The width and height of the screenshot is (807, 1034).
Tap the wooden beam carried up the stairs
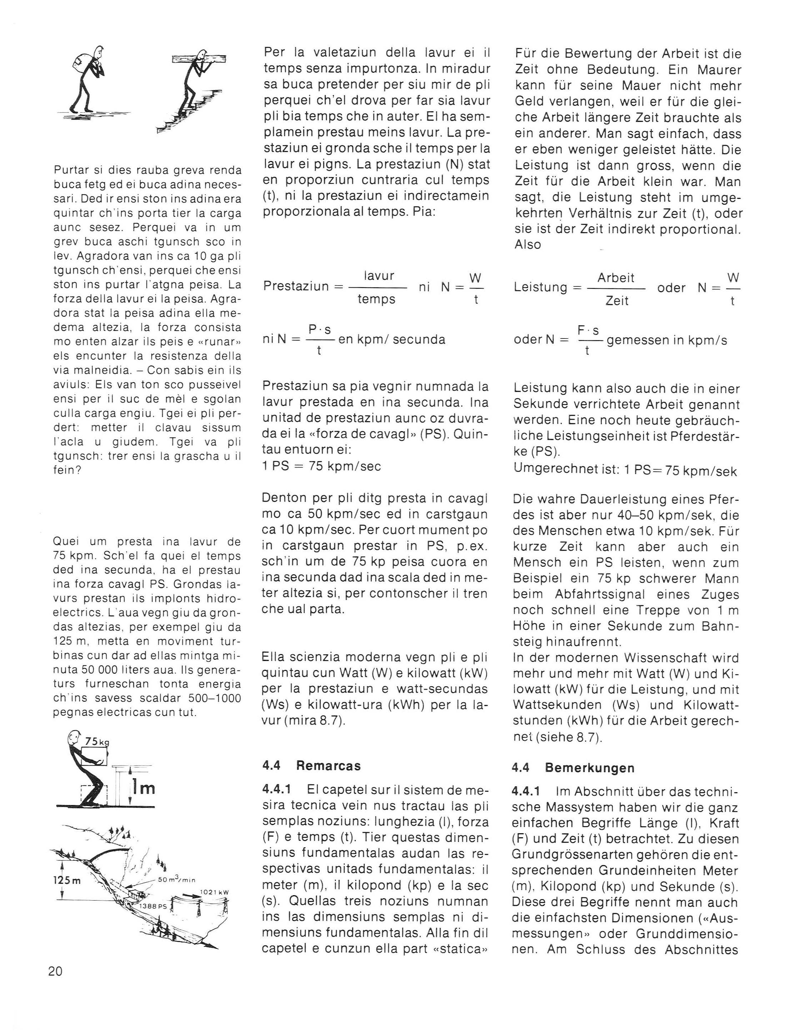tap(199, 59)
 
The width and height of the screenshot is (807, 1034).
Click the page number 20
tap(55, 971)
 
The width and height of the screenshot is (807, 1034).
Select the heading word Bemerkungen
tap(589, 768)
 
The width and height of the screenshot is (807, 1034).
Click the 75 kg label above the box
tap(96, 741)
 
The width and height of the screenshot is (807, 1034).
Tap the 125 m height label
tap(67, 881)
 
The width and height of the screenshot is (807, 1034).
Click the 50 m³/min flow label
tap(177, 880)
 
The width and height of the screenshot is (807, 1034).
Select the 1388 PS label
tap(153, 906)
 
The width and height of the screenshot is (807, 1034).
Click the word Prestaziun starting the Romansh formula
tap(296, 287)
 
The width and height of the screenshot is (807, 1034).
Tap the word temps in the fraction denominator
tap(377, 300)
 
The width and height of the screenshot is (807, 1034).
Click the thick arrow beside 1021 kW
tap(190, 896)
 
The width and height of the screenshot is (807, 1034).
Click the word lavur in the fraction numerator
tap(379, 276)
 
